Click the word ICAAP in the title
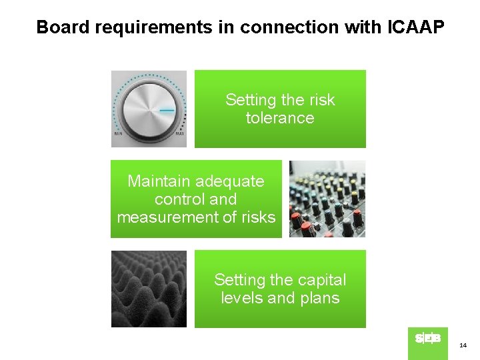[415, 27]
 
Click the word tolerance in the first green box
[280, 118]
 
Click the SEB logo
[427, 339]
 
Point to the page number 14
[463, 345]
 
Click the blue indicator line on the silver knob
[167, 110]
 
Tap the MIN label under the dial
[118, 134]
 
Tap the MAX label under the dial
[179, 134]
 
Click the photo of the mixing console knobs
[327, 199]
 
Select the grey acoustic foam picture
[149, 289]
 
